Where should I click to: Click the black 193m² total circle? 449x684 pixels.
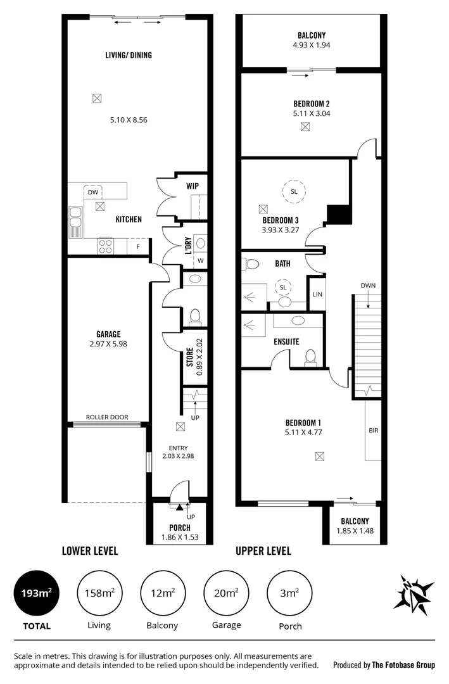coord(36,593)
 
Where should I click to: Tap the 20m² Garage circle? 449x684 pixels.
coord(226,593)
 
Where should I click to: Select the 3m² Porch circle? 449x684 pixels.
coord(289,593)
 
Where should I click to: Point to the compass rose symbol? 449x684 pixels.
coord(416,594)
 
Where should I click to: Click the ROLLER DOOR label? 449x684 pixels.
coord(107,417)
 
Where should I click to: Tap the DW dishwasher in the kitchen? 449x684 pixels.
coord(92,192)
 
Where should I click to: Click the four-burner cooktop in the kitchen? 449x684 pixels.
coord(105,244)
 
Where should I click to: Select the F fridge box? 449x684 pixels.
coord(137,245)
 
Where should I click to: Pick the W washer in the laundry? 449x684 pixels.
coord(200,260)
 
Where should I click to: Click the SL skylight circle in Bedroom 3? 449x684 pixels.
coord(294,191)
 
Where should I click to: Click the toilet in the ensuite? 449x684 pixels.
coord(310,358)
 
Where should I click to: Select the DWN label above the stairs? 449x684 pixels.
coord(368,286)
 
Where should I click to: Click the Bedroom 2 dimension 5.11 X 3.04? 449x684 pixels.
coord(312,114)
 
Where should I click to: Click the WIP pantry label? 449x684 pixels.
coord(193,187)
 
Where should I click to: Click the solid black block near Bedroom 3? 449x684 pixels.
coord(339,214)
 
